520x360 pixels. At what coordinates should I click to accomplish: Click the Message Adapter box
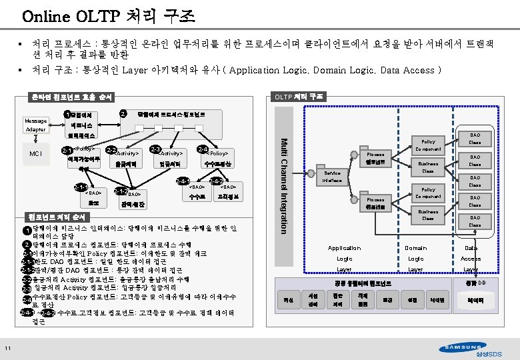(35, 124)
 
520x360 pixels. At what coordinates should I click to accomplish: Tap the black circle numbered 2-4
(203, 149)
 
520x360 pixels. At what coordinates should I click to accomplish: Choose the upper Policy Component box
(428, 145)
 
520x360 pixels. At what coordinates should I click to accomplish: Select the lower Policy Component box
(428, 193)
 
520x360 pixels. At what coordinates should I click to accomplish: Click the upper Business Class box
(428, 167)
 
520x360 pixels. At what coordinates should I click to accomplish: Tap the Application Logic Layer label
(345, 258)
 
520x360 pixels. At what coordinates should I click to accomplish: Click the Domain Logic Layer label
(415, 258)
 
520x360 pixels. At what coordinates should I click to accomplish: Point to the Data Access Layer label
(471, 258)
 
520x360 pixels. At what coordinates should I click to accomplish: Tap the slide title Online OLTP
(93, 15)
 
